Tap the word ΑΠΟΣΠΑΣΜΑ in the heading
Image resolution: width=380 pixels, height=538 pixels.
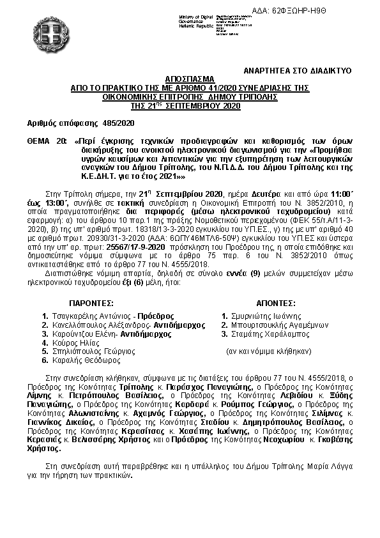pos(190,75)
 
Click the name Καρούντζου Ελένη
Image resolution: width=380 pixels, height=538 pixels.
pos(86,334)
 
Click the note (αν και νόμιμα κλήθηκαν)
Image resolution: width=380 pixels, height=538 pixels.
pos(269,351)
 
